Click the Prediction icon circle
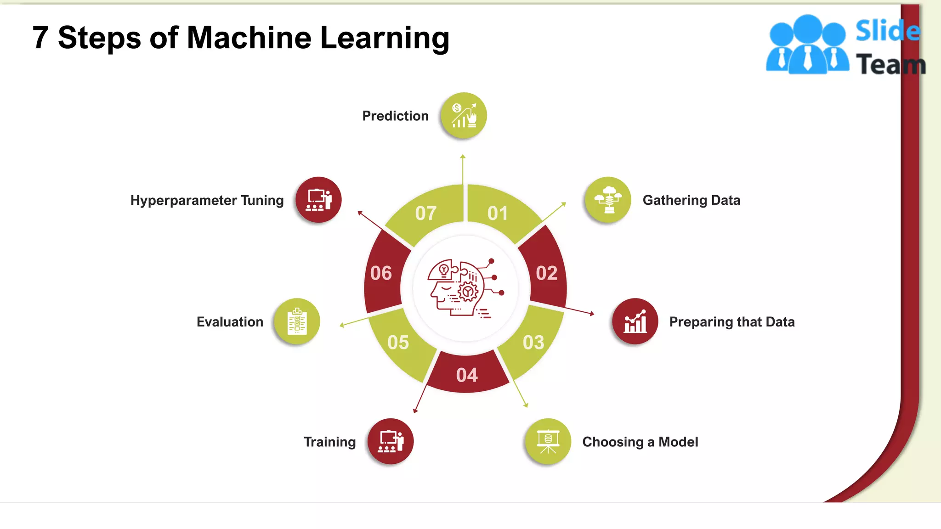(463, 115)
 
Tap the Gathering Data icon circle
(607, 200)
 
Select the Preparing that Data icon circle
(635, 321)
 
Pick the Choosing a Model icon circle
(548, 441)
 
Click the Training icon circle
(391, 441)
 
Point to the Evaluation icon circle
(297, 321)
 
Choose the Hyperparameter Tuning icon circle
(318, 200)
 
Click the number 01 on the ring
(498, 214)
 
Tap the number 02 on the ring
(546, 273)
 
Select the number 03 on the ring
(533, 343)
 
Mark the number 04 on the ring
(467, 375)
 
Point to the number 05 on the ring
(398, 343)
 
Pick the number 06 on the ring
(381, 273)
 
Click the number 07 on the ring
(425, 214)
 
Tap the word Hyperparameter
(184, 201)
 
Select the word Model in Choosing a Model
(678, 442)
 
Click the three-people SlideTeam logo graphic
(807, 45)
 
